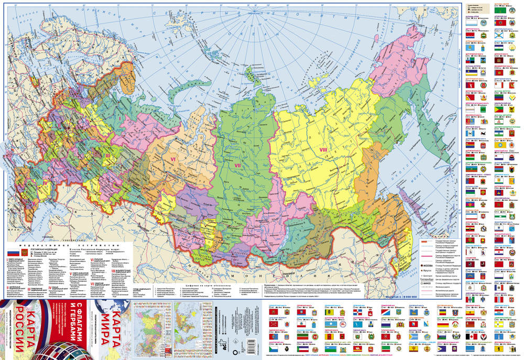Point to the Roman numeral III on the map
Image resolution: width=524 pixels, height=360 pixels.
[x=107, y=155]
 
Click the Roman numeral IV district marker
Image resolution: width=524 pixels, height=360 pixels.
[x=46, y=182]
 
